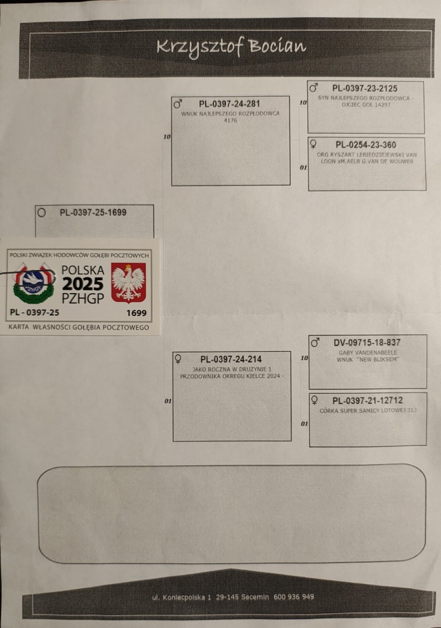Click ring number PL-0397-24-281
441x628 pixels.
point(229,104)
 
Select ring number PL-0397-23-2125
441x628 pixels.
point(365,89)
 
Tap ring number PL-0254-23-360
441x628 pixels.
point(366,145)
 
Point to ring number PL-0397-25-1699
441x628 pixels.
point(93,213)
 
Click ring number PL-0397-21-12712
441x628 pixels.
point(367,401)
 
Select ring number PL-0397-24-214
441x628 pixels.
point(231,359)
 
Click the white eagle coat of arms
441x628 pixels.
point(128,283)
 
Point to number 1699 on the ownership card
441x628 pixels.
point(136,313)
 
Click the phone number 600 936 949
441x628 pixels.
point(294,597)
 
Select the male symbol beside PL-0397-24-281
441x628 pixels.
point(178,104)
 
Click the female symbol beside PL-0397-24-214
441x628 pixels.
point(178,358)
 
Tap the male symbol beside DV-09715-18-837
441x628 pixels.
point(315,342)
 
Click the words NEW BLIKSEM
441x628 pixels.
point(380,360)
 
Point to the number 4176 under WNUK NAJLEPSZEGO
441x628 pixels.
point(230,120)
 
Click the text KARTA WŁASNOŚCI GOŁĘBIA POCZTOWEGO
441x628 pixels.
point(79,327)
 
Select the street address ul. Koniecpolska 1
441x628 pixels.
point(182,598)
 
